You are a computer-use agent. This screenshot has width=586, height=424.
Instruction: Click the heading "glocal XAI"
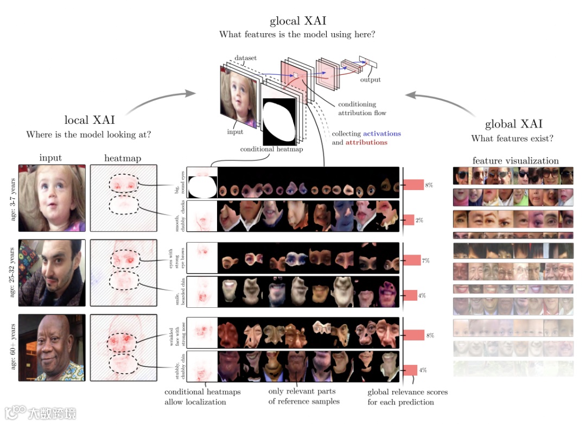click(297, 22)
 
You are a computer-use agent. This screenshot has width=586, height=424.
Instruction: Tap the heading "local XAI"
click(90, 119)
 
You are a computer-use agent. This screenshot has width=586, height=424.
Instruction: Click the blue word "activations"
click(382, 134)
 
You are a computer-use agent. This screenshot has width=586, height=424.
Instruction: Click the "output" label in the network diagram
click(370, 80)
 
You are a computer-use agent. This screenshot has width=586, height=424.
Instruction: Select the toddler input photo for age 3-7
click(52, 198)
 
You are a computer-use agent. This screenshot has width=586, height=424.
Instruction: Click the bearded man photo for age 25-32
click(52, 273)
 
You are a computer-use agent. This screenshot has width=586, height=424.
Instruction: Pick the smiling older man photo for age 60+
click(52, 347)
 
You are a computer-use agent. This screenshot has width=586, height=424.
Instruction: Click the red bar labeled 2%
click(409, 220)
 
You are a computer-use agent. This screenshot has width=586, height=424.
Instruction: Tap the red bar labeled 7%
click(412, 261)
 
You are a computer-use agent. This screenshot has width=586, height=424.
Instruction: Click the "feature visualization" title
click(515, 161)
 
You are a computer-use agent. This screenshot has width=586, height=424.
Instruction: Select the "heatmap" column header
click(122, 159)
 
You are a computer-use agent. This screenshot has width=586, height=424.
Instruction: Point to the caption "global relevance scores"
click(407, 392)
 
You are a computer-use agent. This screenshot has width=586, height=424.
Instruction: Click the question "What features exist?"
click(512, 138)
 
